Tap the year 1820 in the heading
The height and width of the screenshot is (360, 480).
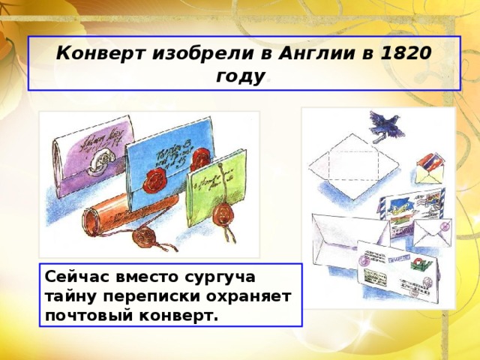point(406,55)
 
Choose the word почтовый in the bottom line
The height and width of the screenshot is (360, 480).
point(88,314)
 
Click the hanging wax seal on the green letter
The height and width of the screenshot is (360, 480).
point(222,214)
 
